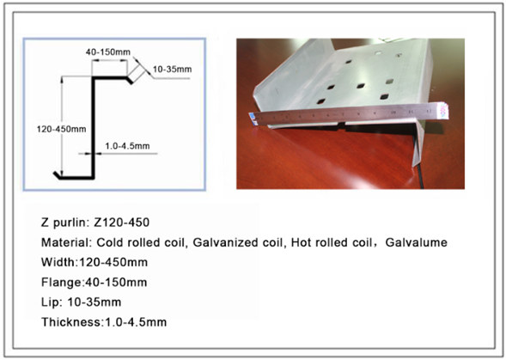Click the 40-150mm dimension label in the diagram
[107, 52]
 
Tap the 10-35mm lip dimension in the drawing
[172, 69]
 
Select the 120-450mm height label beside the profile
[61, 129]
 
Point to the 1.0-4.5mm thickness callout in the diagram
[127, 146]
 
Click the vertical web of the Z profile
[93, 127]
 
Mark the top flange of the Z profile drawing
[110, 78]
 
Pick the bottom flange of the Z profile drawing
[76, 177]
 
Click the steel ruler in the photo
[349, 115]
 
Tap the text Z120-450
[121, 223]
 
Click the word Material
[66, 242]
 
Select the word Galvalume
[417, 242]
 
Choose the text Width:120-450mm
[94, 262]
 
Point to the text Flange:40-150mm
[94, 283]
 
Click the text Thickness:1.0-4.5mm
[104, 322]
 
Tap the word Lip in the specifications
[52, 302]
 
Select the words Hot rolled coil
[332, 242]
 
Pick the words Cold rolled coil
[142, 242]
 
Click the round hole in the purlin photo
[378, 52]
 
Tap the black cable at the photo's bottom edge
[420, 177]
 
